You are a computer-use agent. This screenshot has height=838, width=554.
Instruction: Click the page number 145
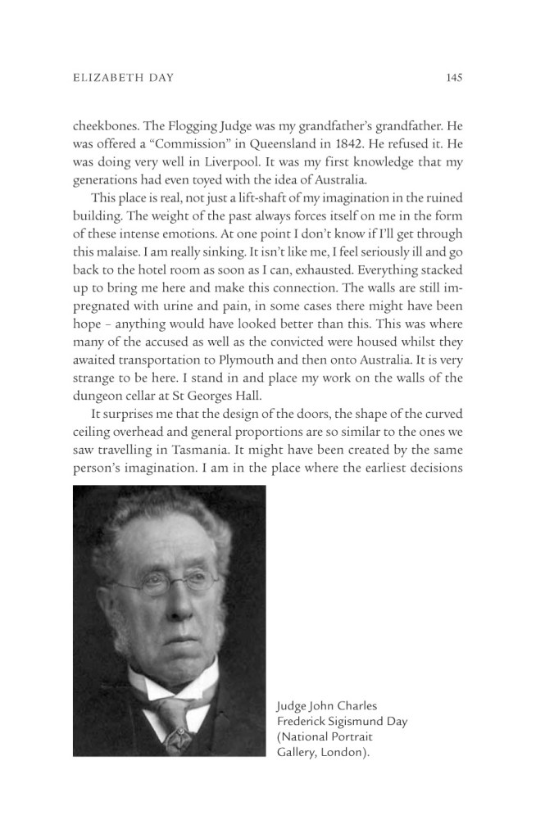point(455,79)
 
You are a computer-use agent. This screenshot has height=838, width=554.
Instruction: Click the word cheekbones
point(105,126)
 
